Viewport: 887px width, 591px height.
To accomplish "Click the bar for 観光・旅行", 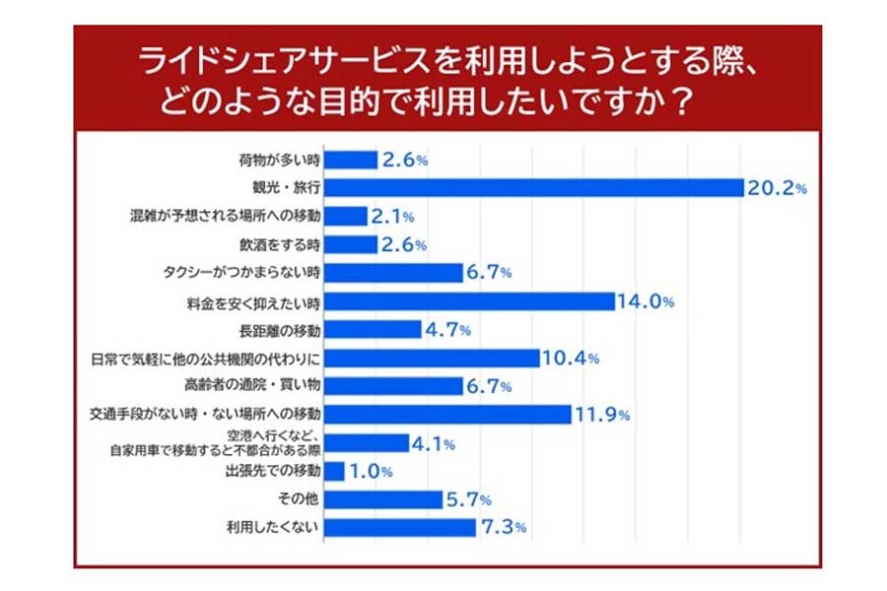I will pyautogui.click(x=533, y=187).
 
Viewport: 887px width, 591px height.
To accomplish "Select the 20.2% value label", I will pyautogui.click(x=777, y=187).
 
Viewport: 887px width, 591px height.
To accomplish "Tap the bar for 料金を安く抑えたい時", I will pyautogui.click(x=469, y=301).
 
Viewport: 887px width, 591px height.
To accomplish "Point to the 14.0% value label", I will pyautogui.click(x=646, y=301).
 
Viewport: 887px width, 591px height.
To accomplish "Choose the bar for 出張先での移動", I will pyautogui.click(x=334, y=471).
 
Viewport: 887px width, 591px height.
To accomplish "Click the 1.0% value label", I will pyautogui.click(x=372, y=472).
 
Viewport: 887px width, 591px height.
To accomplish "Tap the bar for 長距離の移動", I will pyautogui.click(x=373, y=330).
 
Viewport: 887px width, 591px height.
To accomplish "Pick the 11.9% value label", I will pyautogui.click(x=602, y=415).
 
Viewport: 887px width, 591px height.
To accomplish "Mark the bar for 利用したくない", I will pyautogui.click(x=400, y=528).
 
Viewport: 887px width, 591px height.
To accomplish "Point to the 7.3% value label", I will pyautogui.click(x=503, y=528).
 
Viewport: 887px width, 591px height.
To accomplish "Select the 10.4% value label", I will pyautogui.click(x=571, y=359).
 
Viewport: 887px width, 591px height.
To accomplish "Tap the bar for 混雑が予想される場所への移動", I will pyautogui.click(x=346, y=216).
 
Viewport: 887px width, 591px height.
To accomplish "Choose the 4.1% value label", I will pyautogui.click(x=435, y=443).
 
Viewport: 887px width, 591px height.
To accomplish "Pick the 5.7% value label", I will pyautogui.click(x=469, y=500).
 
